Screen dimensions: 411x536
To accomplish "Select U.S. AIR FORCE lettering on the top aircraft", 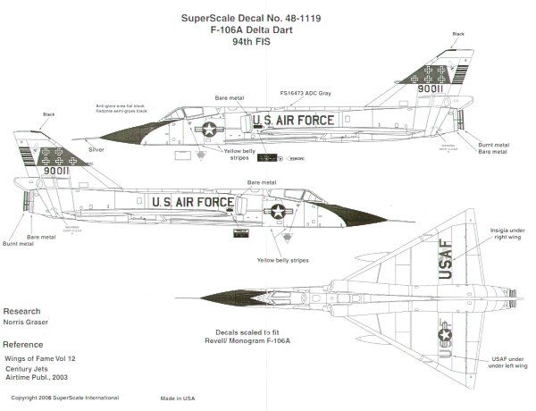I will click(294, 121).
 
